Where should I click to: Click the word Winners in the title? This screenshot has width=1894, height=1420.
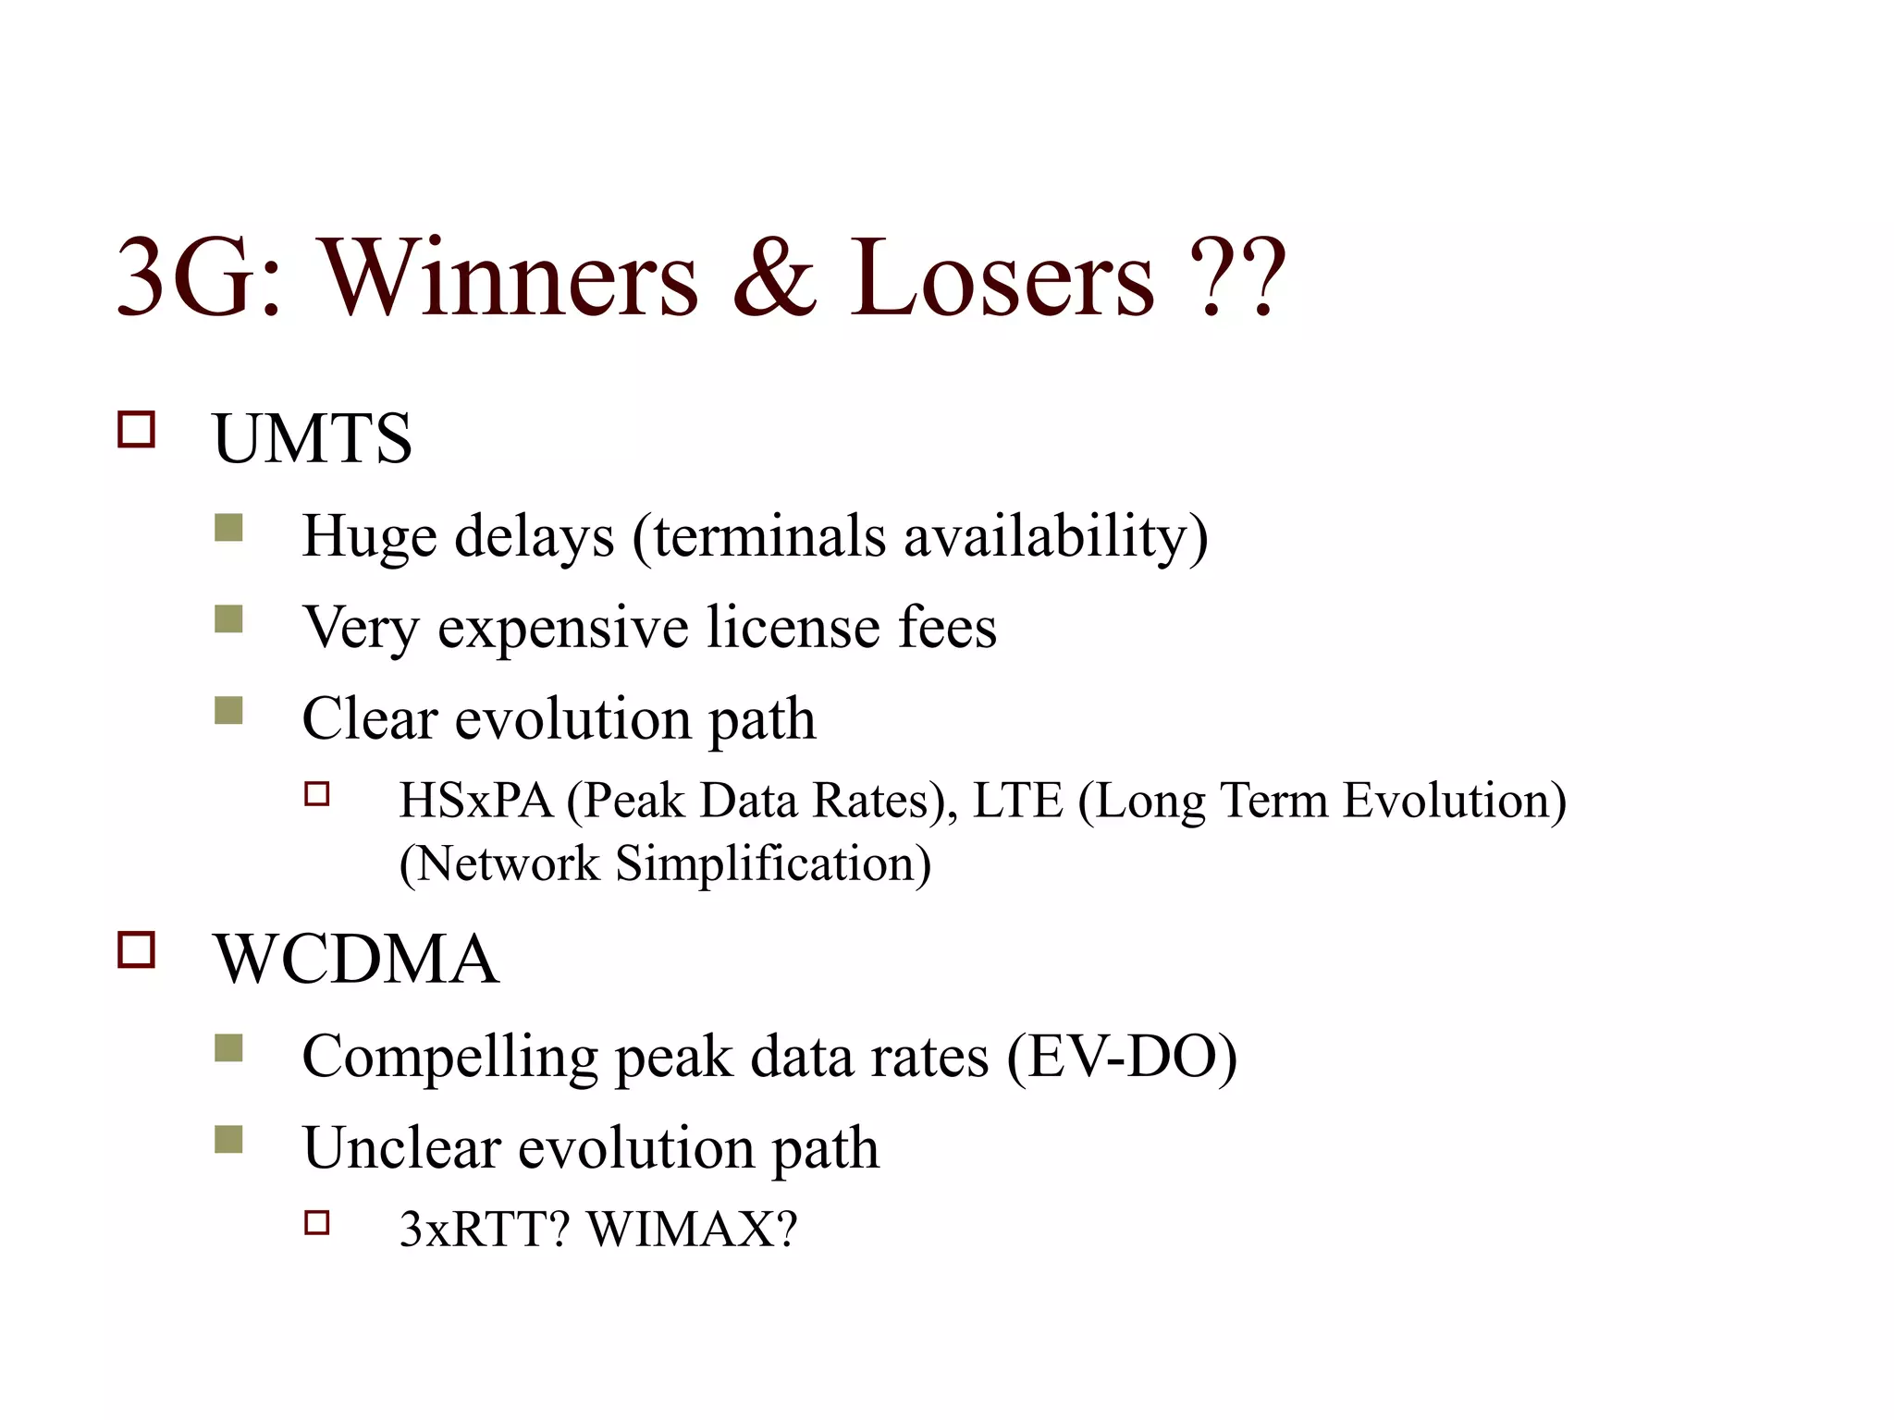(x=510, y=277)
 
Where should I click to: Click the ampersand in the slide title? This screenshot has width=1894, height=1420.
(x=775, y=277)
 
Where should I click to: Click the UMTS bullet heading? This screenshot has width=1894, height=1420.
(x=312, y=438)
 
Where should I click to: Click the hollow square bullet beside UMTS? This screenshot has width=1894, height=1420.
(x=136, y=430)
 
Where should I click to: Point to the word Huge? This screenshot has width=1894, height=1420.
(x=369, y=536)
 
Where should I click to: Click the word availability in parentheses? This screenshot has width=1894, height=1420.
(x=1054, y=536)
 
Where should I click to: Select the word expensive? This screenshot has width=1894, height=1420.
(x=562, y=628)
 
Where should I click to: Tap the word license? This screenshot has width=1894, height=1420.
(x=793, y=628)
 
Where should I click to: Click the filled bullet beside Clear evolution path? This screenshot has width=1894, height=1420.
(x=228, y=711)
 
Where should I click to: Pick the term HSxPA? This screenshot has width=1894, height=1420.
(x=475, y=801)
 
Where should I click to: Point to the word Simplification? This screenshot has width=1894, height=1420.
(x=772, y=863)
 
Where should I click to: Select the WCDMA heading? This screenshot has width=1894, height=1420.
(x=356, y=959)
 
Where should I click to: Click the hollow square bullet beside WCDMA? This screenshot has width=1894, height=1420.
(x=136, y=949)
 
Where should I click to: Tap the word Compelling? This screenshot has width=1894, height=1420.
(x=449, y=1057)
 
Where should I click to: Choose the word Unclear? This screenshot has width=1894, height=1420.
(x=401, y=1148)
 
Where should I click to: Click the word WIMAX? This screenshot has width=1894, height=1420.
(x=692, y=1230)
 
